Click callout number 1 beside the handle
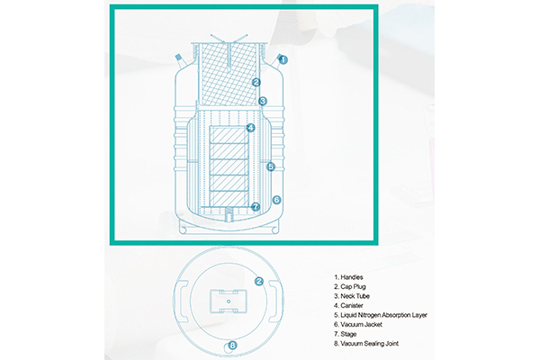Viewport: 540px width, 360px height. pos(283,60)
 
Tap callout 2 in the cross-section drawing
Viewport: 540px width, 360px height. pos(256,82)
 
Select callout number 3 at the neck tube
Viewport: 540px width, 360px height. pos(263,101)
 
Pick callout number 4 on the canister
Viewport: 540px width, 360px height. pos(251,128)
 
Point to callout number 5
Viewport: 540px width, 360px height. pos(271,166)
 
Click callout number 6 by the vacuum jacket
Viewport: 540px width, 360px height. pos(276,200)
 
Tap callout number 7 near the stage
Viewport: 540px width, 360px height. pos(256,207)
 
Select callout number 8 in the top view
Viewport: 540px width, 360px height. pos(233,345)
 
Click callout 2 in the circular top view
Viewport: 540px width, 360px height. pos(259,282)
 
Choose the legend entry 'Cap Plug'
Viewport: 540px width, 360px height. pos(350,286)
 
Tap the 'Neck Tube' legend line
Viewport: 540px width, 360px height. pos(352,296)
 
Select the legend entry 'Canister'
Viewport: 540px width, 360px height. pos(348,306)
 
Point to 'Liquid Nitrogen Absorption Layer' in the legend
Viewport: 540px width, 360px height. pos(381,315)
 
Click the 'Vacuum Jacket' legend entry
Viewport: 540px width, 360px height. pos(358,325)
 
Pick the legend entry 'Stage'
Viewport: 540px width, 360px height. pos(345,334)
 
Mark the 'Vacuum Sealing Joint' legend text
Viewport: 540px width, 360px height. pos(366,344)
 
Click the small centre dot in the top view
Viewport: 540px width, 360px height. pos(229,301)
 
